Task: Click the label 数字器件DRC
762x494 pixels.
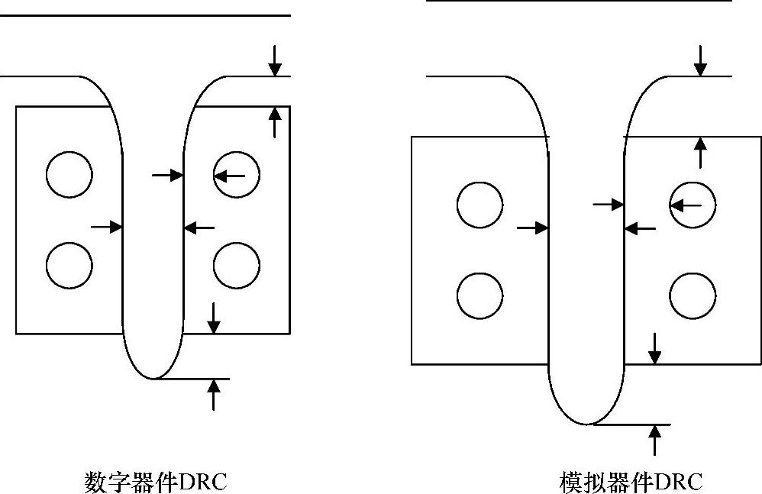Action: [x=155, y=482]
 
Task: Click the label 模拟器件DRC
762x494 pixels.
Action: [x=631, y=482]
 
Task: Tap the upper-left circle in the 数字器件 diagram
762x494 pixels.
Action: [x=69, y=175]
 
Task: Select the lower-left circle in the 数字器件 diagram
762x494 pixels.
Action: [x=69, y=266]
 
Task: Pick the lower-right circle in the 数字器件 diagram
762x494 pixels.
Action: [x=237, y=266]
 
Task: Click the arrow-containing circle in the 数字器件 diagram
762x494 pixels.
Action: [x=237, y=175]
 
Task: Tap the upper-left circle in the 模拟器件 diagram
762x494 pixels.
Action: [x=480, y=205]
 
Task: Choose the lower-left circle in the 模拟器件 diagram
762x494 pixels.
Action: [x=480, y=295]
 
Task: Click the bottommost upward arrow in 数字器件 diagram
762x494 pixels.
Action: [x=214, y=394]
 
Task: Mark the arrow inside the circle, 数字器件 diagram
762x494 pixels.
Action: [x=230, y=176]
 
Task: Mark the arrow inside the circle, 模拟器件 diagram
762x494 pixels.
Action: [x=686, y=205]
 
